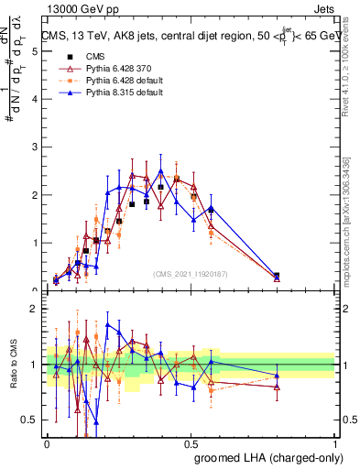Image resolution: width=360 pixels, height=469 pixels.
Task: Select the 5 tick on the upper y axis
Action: [34, 51]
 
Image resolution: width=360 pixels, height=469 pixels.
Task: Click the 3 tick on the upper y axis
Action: [34, 147]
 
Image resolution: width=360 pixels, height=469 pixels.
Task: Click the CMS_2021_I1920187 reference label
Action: [190, 274]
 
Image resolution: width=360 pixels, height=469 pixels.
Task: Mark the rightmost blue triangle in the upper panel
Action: [277, 275]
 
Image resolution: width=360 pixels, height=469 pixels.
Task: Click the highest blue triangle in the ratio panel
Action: [108, 325]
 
